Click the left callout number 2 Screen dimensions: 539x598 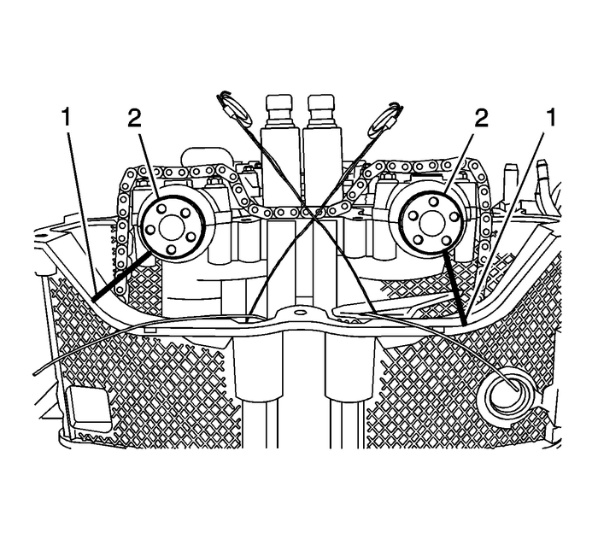click(134, 118)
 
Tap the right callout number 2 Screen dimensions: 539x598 click(483, 118)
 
